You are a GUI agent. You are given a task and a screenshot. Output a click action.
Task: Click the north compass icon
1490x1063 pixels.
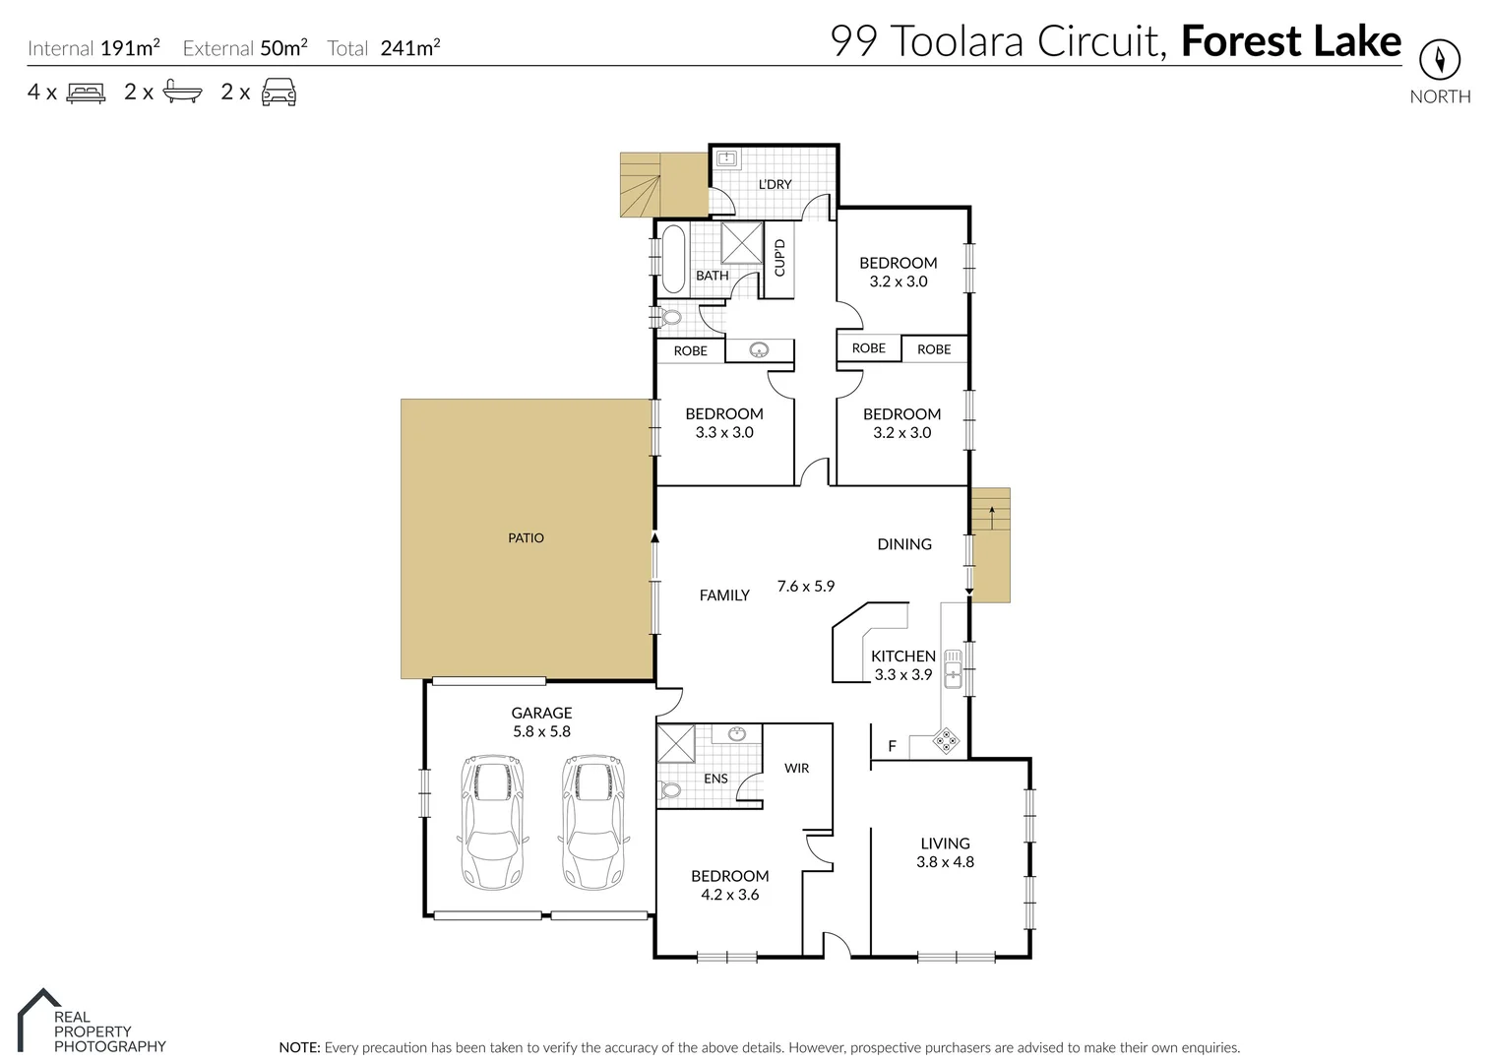[1439, 61]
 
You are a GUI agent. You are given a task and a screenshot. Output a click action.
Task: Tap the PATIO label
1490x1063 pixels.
[526, 538]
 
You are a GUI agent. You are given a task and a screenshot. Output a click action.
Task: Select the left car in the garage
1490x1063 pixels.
[493, 822]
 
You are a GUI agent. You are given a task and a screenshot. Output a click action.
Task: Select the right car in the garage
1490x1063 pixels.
[593, 822]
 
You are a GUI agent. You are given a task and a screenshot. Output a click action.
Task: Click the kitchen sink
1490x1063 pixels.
[953, 668]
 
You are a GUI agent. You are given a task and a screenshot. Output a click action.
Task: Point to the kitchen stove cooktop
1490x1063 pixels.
[946, 741]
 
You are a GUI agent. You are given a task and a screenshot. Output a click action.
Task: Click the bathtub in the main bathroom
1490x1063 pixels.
[673, 260]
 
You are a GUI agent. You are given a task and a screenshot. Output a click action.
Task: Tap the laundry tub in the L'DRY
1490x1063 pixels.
[726, 158]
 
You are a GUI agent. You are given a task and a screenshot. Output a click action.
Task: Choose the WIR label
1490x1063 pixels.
[796, 768]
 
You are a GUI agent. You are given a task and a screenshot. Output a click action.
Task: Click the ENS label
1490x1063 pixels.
[715, 779]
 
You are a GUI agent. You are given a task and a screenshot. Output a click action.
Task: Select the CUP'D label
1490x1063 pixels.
[779, 258]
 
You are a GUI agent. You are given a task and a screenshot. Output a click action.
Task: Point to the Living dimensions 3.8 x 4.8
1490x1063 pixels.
[945, 862]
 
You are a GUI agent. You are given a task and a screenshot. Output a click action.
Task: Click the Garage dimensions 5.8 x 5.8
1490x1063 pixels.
[541, 731]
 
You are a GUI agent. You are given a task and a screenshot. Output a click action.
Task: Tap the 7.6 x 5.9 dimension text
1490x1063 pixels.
[805, 587]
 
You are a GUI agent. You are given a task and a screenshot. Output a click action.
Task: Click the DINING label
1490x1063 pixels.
[903, 544]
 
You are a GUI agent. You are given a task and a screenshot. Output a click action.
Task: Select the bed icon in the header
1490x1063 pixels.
[86, 93]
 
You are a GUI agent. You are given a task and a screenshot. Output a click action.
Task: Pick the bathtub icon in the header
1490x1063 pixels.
[182, 93]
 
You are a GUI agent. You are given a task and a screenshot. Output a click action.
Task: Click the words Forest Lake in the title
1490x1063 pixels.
[1290, 41]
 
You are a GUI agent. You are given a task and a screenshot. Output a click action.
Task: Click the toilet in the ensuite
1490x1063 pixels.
[670, 790]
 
